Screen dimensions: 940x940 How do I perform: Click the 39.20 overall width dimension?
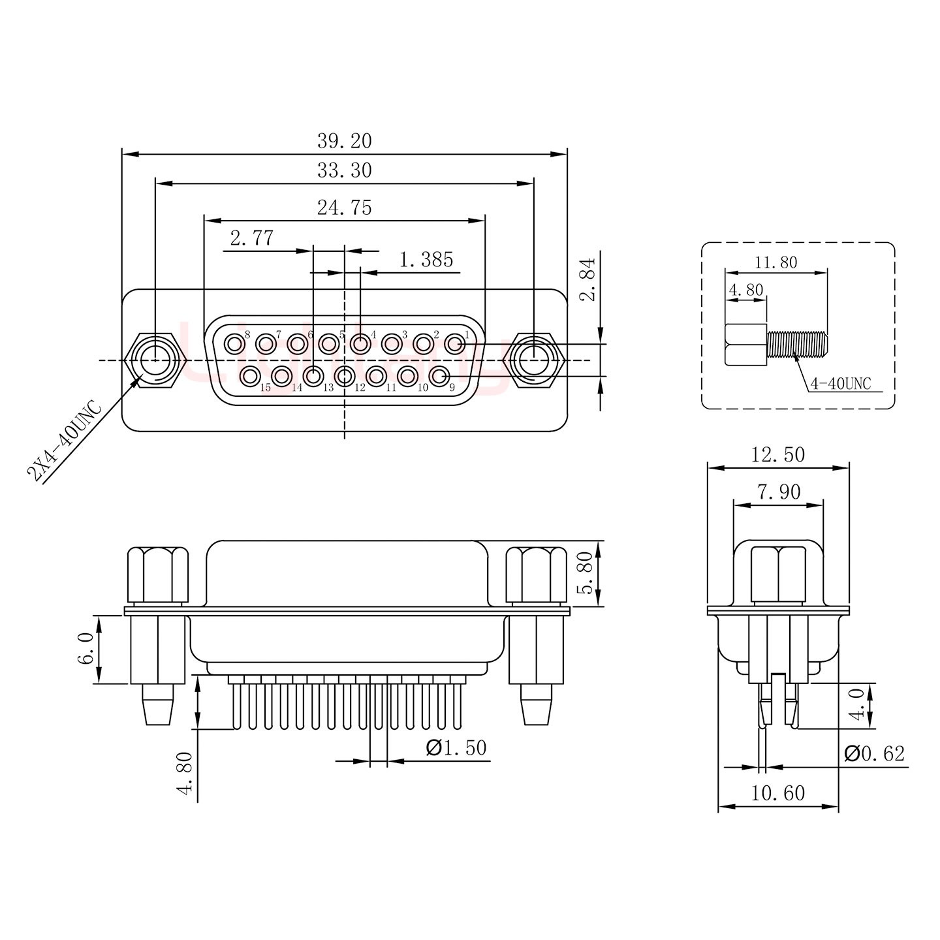tap(344, 141)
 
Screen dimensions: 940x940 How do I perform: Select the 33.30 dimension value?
tap(344, 170)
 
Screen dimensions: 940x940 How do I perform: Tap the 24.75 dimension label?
tap(344, 208)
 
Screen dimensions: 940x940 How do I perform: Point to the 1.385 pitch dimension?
tap(426, 260)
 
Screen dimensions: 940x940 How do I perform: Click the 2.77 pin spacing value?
tap(251, 238)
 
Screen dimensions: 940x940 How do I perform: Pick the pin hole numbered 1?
tap(454, 343)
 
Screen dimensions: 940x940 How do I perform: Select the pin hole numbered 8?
tap(234, 343)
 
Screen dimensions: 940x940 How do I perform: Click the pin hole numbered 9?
tap(440, 376)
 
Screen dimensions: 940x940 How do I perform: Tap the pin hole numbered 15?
tap(249, 376)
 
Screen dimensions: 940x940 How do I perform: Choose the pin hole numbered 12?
tap(345, 376)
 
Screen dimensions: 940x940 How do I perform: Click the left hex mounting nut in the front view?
tap(156, 360)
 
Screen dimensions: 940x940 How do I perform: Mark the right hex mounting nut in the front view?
tap(534, 360)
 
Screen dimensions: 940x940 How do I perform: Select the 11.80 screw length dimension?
tap(776, 262)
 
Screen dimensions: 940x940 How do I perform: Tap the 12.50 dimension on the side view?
tap(777, 454)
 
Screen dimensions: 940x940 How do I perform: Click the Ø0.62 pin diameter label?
tap(874, 754)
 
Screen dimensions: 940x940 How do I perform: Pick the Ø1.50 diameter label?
tap(456, 748)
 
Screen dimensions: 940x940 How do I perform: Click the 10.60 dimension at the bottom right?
tap(777, 794)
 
